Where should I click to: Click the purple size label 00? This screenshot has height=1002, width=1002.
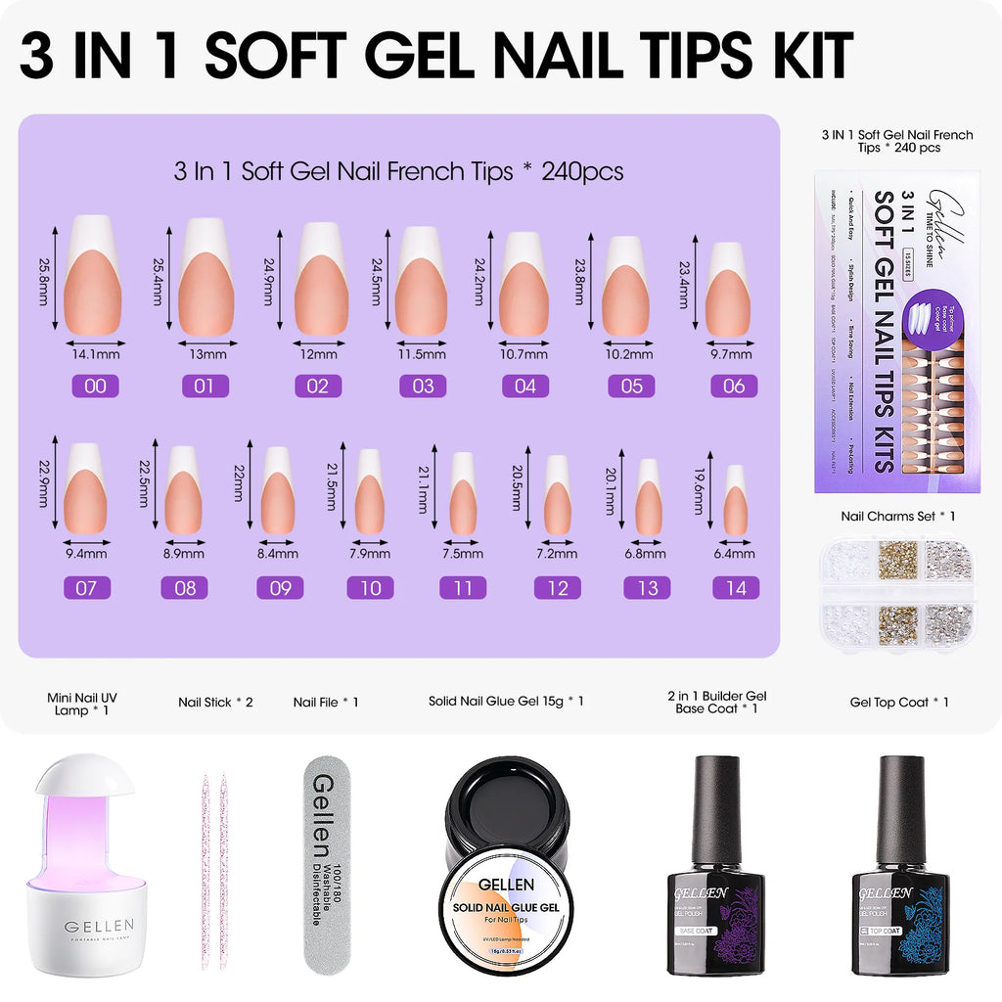(x=95, y=386)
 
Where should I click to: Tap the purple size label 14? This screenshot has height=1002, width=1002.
(x=734, y=587)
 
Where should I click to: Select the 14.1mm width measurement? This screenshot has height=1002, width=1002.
(x=95, y=353)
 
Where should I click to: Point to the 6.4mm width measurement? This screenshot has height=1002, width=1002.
(x=734, y=553)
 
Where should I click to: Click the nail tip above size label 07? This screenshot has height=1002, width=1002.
(x=86, y=487)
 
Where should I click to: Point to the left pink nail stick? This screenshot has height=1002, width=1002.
(x=206, y=871)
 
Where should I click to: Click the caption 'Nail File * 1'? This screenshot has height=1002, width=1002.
(x=326, y=702)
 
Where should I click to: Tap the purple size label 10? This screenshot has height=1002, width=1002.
(x=370, y=587)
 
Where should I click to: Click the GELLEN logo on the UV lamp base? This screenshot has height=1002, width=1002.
(x=99, y=926)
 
